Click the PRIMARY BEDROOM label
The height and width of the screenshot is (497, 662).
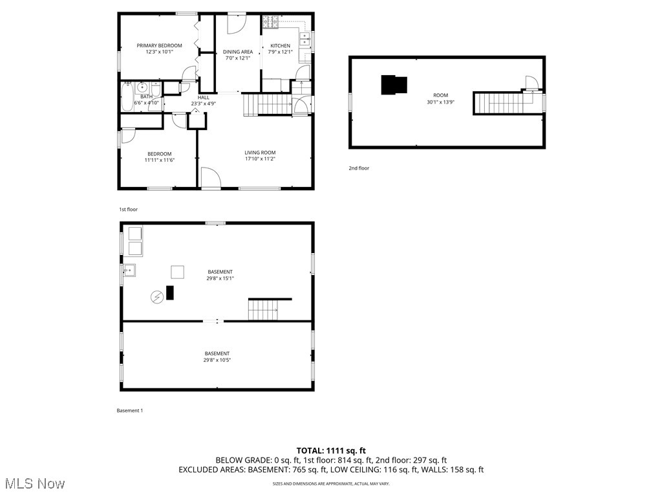click(x=159, y=45)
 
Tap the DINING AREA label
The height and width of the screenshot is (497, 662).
click(x=238, y=52)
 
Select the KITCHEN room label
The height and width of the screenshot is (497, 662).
click(x=280, y=45)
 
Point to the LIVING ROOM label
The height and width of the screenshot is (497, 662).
click(x=260, y=153)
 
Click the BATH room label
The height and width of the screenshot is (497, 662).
click(x=146, y=96)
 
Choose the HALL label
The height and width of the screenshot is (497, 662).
click(x=203, y=97)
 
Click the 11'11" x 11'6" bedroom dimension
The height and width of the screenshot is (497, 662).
click(x=158, y=160)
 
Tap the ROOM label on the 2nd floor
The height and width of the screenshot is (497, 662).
click(x=440, y=94)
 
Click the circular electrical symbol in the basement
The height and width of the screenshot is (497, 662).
click(x=156, y=297)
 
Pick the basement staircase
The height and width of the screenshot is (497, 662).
click(x=264, y=309)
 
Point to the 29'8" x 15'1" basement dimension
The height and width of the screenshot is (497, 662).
click(x=220, y=278)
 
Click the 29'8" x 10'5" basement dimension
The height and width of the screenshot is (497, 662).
click(x=217, y=360)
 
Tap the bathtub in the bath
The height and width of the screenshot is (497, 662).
click(x=127, y=97)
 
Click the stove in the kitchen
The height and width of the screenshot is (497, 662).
click(x=270, y=23)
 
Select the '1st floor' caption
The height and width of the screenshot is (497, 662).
click(x=128, y=210)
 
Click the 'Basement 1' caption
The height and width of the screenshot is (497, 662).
click(x=129, y=410)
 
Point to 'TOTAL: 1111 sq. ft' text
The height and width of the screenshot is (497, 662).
click(x=331, y=450)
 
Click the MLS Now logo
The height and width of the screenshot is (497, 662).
click(x=34, y=483)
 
